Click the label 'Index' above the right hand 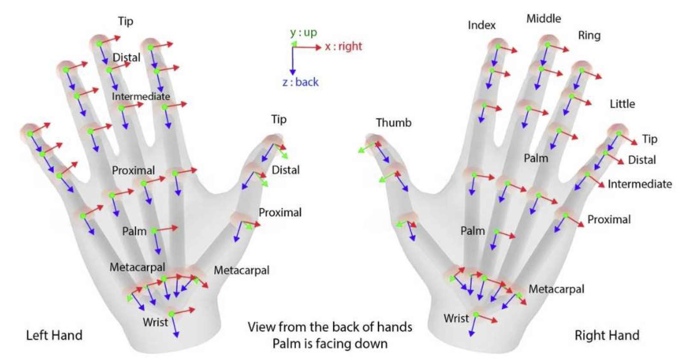(x=482, y=25)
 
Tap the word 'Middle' (x=544, y=18)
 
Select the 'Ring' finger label (x=589, y=36)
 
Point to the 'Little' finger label (x=622, y=104)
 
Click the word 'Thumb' (x=393, y=123)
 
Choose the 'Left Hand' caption (x=54, y=335)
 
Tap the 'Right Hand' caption (x=607, y=335)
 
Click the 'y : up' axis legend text (x=303, y=32)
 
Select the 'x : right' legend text (x=343, y=46)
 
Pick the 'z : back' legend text (x=300, y=82)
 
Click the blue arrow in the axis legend (x=293, y=61)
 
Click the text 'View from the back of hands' (x=330, y=327)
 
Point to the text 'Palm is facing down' (x=330, y=344)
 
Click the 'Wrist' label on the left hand (x=155, y=322)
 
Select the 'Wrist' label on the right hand (x=456, y=318)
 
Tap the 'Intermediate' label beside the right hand (x=640, y=184)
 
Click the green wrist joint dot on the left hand (x=172, y=314)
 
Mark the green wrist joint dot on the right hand (x=476, y=314)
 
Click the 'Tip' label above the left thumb (x=279, y=119)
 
